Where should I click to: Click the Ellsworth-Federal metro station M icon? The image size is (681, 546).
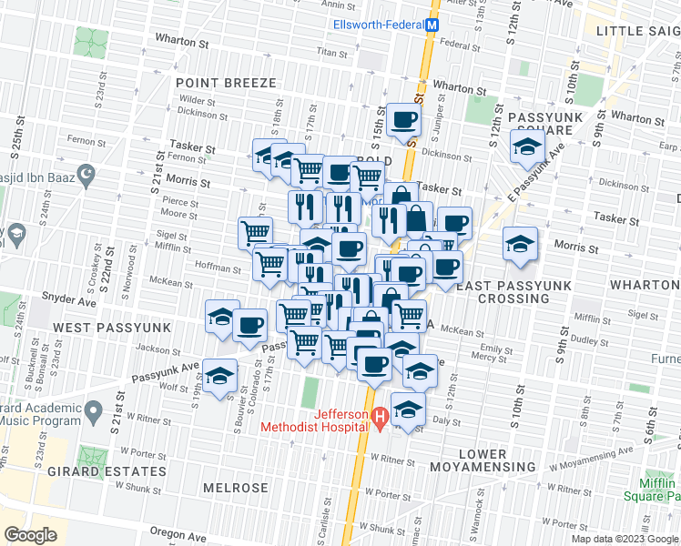pos(433,26)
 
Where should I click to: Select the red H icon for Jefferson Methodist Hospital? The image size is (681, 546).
pos(381,418)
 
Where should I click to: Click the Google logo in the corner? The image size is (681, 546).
pos(30,534)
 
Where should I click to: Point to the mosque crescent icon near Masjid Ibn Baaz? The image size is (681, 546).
pos(87,173)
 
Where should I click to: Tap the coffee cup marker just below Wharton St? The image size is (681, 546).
pos(402,120)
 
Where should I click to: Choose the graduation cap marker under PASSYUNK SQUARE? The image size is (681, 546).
pos(526,146)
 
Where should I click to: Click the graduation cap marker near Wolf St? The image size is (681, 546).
pos(219,376)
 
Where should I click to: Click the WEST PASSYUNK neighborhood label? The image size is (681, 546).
pos(101,326)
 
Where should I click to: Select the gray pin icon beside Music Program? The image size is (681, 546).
pos(93,416)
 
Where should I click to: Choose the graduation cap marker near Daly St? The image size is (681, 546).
pos(408,410)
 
